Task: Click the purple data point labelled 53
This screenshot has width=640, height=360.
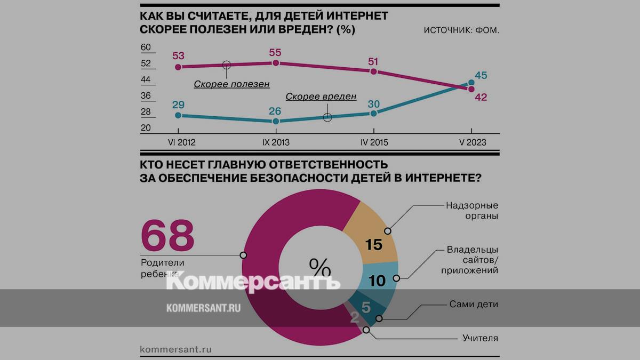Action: [x=179, y=67]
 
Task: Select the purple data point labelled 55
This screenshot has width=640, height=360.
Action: [x=276, y=63]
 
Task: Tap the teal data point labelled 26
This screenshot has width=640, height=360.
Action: [x=276, y=122]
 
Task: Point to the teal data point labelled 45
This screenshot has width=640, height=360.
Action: [x=471, y=83]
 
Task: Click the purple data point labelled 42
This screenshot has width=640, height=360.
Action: [x=471, y=89]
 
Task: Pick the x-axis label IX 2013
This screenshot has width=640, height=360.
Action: [x=276, y=142]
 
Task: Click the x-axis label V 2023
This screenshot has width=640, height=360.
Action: [x=471, y=142]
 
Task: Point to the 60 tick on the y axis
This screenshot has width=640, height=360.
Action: [x=146, y=47]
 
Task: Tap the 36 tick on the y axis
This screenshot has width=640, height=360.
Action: [x=146, y=96]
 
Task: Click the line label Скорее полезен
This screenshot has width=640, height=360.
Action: [x=231, y=84]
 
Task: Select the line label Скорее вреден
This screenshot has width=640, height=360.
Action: [x=321, y=97]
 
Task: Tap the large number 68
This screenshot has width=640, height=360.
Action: [x=167, y=235]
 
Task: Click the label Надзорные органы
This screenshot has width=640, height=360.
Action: [x=471, y=211]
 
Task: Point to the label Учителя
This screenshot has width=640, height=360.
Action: [x=480, y=338]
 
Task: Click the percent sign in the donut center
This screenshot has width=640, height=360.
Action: [x=320, y=265]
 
